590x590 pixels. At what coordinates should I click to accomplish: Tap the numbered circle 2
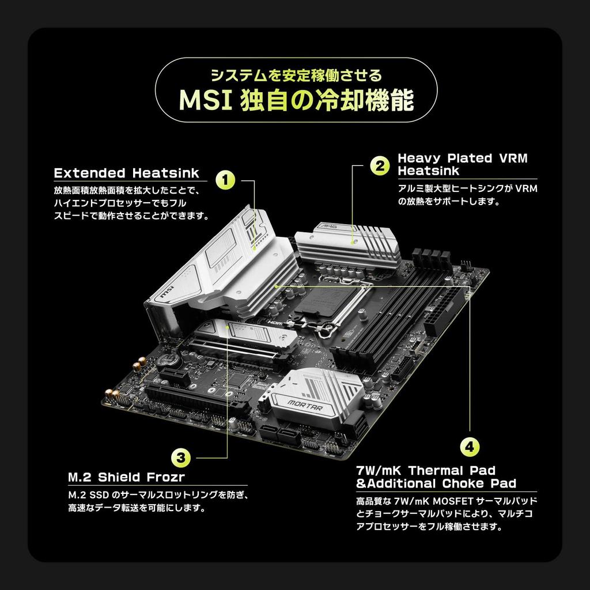(379, 165)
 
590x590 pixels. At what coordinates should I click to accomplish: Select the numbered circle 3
(180, 457)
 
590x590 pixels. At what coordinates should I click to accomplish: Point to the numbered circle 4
(470, 447)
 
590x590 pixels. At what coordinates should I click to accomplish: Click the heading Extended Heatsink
(126, 173)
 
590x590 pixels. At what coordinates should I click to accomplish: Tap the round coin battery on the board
(167, 360)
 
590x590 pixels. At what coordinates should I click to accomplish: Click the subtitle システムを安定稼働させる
(296, 75)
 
